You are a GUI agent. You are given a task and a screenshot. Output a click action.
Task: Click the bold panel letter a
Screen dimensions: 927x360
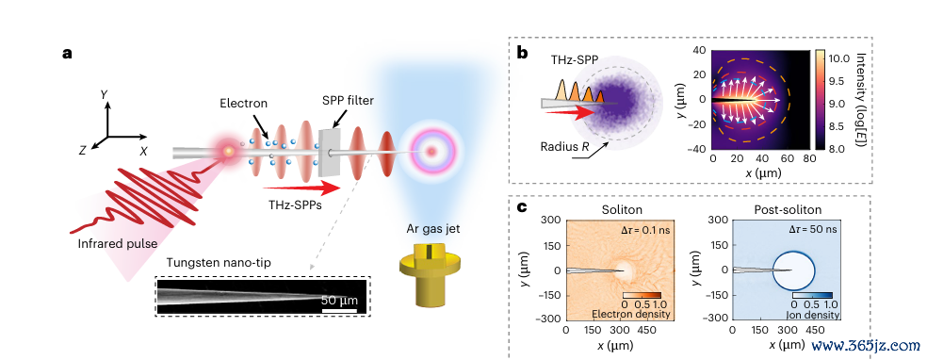pos(68,53)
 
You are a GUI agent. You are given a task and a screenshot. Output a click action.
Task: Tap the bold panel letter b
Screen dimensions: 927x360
pos(523,53)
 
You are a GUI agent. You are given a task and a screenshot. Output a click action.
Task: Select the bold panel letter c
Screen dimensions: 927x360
pos(522,207)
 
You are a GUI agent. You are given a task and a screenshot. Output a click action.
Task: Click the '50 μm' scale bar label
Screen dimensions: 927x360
pos(339,301)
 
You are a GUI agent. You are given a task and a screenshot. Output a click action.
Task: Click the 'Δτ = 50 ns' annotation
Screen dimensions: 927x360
pos(809,229)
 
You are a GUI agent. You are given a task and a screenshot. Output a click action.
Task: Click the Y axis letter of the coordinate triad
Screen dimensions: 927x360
pos(104,94)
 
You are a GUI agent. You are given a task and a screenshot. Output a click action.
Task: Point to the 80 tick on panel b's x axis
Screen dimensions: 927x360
pos(809,159)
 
